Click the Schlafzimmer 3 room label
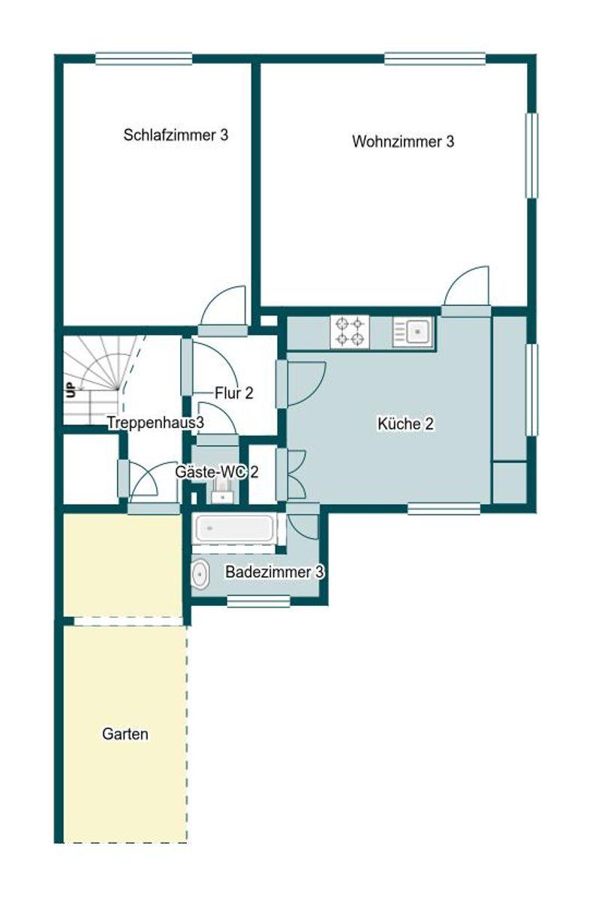(176, 134)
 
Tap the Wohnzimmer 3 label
(403, 141)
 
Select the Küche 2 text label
(405, 423)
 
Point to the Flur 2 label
(234, 393)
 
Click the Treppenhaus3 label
(155, 422)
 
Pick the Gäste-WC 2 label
(216, 472)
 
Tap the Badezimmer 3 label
(274, 571)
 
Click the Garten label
(125, 734)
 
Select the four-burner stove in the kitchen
(350, 331)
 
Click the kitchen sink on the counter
(413, 332)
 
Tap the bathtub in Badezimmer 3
(233, 528)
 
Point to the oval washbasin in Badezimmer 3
(200, 574)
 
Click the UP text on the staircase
(71, 390)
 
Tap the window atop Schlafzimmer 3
(143, 59)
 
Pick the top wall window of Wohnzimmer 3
(435, 59)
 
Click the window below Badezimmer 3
(259, 601)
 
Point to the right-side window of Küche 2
(531, 390)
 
